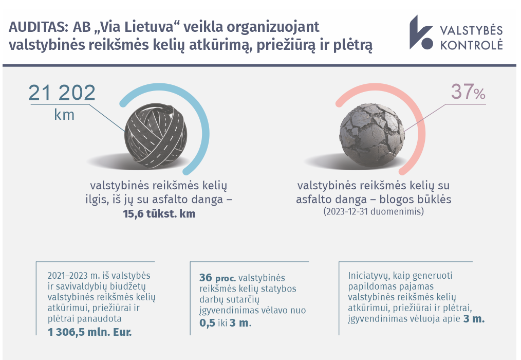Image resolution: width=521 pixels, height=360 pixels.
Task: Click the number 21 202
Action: (62, 93)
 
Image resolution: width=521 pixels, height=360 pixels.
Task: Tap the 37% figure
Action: (468, 92)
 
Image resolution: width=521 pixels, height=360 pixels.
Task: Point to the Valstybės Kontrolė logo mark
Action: (421, 32)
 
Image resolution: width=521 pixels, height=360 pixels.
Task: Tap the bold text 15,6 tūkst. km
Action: (159, 213)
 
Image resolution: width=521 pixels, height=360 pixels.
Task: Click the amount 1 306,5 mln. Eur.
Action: (90, 332)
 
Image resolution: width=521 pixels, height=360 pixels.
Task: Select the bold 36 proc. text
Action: (218, 278)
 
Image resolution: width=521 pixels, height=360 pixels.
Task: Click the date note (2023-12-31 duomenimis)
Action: (374, 211)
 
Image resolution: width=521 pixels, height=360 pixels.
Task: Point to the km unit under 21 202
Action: (64, 115)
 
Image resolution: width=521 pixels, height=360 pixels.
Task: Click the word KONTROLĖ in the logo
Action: (472, 45)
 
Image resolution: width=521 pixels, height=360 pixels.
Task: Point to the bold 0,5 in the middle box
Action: (208, 323)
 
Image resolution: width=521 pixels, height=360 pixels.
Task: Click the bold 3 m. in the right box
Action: (474, 319)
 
